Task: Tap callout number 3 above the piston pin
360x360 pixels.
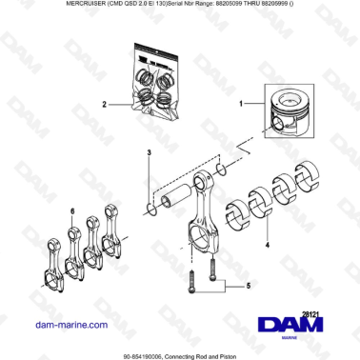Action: click(x=148, y=152)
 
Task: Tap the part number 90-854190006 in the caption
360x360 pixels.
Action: click(x=150, y=354)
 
